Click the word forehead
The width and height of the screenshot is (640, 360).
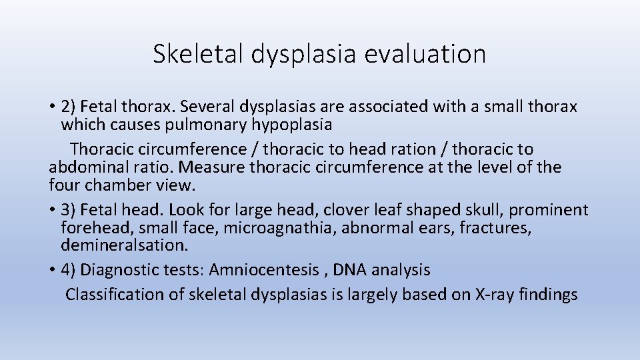click(x=97, y=228)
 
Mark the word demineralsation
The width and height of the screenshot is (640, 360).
click(x=124, y=245)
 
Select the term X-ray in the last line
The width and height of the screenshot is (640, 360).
click(x=493, y=294)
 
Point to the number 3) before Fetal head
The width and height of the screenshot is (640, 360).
click(x=69, y=210)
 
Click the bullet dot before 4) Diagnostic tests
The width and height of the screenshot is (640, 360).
click(x=52, y=270)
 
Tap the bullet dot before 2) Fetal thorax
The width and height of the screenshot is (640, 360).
click(x=52, y=107)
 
